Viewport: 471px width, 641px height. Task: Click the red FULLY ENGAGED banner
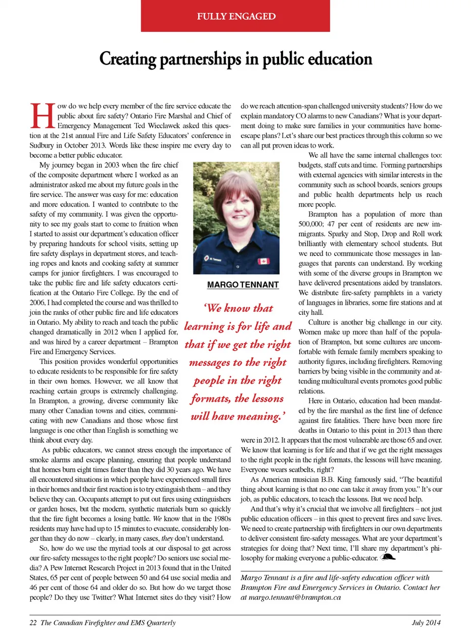(235, 16)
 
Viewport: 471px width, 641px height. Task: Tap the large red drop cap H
(42, 116)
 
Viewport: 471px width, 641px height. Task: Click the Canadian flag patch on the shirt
(263, 261)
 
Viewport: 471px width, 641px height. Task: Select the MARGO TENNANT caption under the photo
(243, 284)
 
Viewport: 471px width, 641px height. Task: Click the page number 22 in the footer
(33, 623)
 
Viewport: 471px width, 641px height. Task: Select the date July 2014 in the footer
(426, 623)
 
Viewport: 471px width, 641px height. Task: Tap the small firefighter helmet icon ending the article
(388, 557)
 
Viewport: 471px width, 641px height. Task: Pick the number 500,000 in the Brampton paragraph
(311, 224)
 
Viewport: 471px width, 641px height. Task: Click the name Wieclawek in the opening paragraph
(164, 126)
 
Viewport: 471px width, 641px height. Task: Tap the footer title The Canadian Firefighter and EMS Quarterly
(108, 623)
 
